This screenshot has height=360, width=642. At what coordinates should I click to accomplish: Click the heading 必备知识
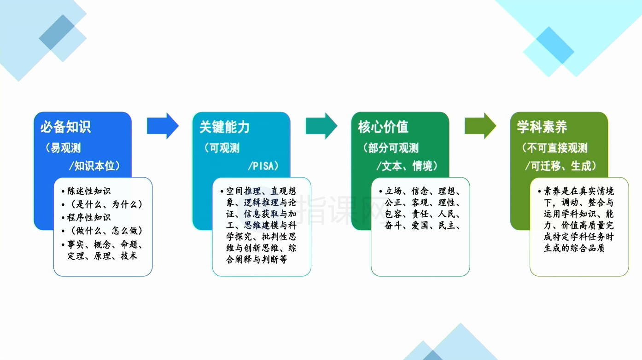tap(65, 127)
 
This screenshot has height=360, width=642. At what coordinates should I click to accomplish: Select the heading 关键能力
tap(224, 127)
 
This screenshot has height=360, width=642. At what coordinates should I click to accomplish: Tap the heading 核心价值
tap(383, 127)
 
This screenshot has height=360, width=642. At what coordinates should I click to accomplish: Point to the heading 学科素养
tap(542, 127)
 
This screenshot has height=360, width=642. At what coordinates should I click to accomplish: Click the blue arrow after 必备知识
tap(163, 126)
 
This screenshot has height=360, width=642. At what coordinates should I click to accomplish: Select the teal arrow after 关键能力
tap(321, 126)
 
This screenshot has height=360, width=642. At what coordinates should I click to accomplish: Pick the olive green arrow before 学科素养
tap(480, 126)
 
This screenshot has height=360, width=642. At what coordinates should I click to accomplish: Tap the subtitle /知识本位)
tap(95, 166)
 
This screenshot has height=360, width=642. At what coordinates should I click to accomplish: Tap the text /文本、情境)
tap(407, 166)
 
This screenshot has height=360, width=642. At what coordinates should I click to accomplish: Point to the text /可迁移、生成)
tap(561, 166)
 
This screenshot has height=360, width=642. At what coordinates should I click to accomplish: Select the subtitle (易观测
tap(63, 148)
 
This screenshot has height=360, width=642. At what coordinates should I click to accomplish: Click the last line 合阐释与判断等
tap(257, 260)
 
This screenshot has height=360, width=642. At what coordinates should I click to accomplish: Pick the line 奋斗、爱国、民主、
tap(422, 226)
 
